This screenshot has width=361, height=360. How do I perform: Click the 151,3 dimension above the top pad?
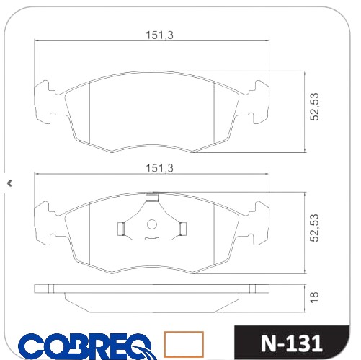pos(159,35)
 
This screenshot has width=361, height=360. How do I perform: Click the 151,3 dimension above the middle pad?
pos(159,168)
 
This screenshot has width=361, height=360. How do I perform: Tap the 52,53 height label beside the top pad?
pos(314,107)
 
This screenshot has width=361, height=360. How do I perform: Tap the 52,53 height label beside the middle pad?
pos(314,228)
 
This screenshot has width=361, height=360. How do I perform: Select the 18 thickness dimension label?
pos(314,297)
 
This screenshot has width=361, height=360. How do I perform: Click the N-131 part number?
pos(291,343)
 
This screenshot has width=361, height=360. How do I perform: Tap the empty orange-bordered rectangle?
pos(184,344)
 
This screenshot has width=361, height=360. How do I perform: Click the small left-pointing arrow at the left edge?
pos(9,183)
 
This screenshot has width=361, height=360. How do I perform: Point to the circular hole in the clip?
pos(152,224)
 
